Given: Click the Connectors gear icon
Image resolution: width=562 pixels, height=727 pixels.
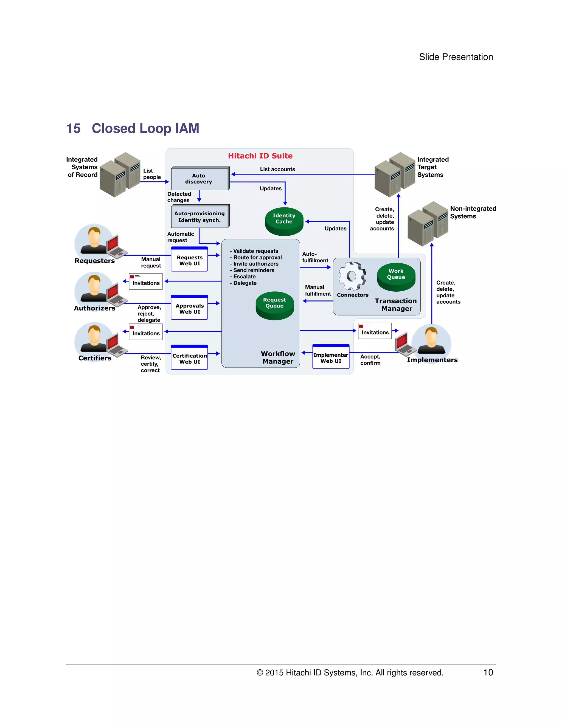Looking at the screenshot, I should [352, 276].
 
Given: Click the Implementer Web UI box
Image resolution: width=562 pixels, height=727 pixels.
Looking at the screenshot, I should [331, 357].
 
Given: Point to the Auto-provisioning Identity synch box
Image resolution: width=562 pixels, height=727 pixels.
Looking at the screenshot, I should [200, 217].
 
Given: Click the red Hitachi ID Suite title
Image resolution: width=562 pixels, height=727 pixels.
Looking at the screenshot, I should [260, 156].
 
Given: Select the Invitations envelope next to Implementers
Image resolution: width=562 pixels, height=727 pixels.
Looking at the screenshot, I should [375, 331].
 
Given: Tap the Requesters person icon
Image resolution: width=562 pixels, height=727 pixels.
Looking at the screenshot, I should [95, 240].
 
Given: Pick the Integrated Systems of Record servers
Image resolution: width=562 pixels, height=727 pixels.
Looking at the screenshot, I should [120, 175].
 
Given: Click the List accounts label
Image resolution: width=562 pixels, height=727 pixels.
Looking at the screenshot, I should [277, 169].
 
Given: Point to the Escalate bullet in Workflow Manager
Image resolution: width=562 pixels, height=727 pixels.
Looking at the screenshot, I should [245, 277].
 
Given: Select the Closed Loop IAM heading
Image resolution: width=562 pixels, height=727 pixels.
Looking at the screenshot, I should [145, 128].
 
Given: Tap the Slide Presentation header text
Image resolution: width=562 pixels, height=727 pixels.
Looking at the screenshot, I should [456, 57].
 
